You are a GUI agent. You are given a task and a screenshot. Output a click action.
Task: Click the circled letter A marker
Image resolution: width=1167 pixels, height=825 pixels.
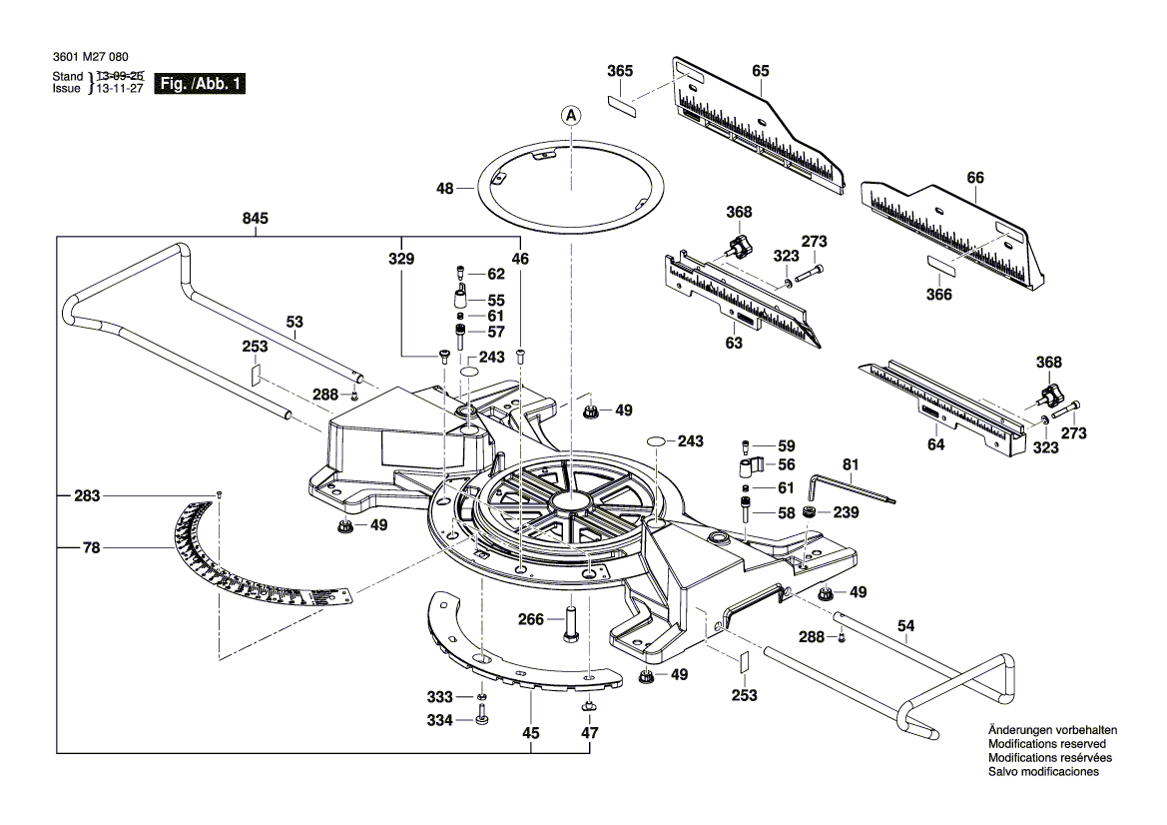point(571,116)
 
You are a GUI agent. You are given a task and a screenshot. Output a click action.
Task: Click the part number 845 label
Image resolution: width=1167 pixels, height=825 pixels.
point(256,219)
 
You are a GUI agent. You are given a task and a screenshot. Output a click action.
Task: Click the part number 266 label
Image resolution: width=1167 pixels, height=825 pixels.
point(532,620)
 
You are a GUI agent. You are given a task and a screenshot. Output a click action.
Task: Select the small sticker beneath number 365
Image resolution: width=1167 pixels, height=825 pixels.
point(622,105)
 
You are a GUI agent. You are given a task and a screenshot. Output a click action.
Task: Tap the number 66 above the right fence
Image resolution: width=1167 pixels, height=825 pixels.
point(975,178)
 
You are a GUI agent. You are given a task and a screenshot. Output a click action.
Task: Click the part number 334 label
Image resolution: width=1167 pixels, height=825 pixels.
point(440,720)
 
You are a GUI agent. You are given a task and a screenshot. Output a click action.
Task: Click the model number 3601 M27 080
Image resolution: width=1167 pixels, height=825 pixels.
point(90,58)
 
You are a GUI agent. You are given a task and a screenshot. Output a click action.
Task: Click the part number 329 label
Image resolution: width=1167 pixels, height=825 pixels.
point(401,257)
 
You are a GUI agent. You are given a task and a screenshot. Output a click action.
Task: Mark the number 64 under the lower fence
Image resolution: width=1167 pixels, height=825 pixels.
point(935,444)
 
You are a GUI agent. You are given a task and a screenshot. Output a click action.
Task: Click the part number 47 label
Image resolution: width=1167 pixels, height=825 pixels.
point(590,733)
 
